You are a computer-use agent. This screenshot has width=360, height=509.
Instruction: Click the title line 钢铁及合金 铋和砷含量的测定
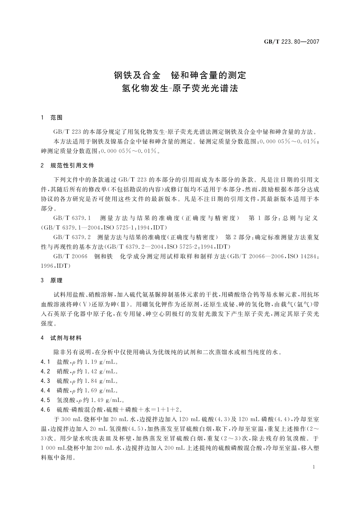pos(180,75)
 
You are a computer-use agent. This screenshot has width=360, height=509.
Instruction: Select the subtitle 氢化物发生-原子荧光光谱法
pos(180,89)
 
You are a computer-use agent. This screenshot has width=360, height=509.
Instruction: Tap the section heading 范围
pos(56,118)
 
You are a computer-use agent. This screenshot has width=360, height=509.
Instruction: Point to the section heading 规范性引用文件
pos(72,166)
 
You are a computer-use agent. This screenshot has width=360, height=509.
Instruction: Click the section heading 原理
pos(56,281)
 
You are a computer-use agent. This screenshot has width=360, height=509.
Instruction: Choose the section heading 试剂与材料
pos(66,338)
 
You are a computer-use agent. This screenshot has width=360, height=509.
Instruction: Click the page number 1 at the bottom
pos(314,467)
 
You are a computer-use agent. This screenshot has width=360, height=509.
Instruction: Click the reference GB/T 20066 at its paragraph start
pos(70,256)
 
